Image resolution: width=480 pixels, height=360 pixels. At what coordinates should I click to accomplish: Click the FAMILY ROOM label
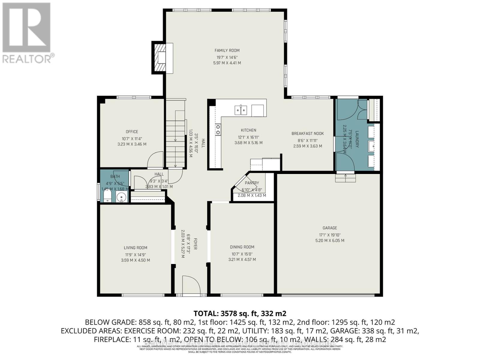[x=227, y=50]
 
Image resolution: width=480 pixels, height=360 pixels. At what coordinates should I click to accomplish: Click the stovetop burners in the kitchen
[x=218, y=130]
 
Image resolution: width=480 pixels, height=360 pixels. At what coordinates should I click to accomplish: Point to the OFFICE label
[x=132, y=132]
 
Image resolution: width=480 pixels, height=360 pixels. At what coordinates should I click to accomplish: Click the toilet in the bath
[x=107, y=197]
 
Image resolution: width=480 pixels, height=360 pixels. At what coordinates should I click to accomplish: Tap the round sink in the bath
[x=121, y=197]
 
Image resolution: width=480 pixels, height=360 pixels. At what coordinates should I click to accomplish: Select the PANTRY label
[x=252, y=183]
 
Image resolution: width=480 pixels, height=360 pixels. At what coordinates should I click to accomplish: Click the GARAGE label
[x=330, y=228]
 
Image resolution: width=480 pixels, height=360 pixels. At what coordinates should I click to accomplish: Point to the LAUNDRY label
[x=357, y=139]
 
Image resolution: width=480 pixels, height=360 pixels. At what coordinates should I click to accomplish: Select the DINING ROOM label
[x=242, y=247]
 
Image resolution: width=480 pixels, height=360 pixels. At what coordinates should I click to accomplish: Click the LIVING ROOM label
[x=135, y=248]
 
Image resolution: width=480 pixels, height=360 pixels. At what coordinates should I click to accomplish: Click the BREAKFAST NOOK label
[x=307, y=133]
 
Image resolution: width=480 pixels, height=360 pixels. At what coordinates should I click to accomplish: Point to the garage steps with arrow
[x=345, y=178]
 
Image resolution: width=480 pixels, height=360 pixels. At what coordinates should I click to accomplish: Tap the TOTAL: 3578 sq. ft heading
[x=240, y=313]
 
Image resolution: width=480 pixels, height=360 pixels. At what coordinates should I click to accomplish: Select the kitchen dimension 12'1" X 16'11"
[x=248, y=137]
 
